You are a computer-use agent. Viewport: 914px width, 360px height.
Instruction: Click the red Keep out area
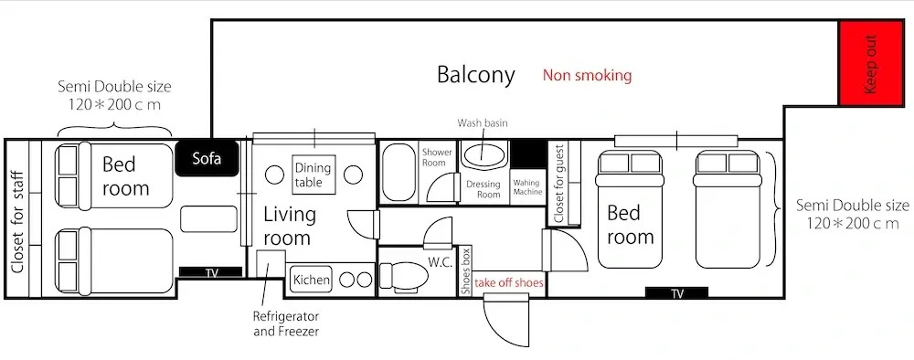pyautogui.click(x=871, y=63)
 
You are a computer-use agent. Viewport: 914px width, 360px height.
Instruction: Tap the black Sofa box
pyautogui.click(x=207, y=158)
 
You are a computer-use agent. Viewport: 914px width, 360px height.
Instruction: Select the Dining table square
pyautogui.click(x=314, y=175)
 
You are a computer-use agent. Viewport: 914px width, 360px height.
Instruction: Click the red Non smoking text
pyautogui.click(x=587, y=75)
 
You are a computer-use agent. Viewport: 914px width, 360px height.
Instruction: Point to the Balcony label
pyautogui.click(x=476, y=75)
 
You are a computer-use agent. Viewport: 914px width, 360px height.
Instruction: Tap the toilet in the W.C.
pyautogui.click(x=403, y=277)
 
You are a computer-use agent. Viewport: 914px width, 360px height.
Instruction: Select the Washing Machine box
pyautogui.click(x=527, y=187)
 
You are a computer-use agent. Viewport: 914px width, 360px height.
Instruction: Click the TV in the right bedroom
pyautogui.click(x=676, y=293)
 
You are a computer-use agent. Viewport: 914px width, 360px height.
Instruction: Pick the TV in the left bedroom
pyautogui.click(x=210, y=272)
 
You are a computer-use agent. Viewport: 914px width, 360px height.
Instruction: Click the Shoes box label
pyautogui.click(x=465, y=270)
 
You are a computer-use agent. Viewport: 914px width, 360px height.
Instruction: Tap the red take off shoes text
pyautogui.click(x=509, y=283)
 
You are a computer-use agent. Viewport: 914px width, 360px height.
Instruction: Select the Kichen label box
pyautogui.click(x=312, y=280)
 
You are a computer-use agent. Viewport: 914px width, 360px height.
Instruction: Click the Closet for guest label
pyautogui.click(x=558, y=184)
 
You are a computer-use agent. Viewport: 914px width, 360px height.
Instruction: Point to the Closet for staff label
pyautogui.click(x=17, y=223)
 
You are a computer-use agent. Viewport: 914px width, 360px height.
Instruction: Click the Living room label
pyautogui.click(x=289, y=226)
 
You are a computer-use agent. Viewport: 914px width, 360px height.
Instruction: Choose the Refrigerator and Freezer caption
pyautogui.click(x=286, y=323)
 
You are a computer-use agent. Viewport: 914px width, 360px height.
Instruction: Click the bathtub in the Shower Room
pyautogui.click(x=399, y=172)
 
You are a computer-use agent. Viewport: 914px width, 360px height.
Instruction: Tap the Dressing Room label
pyautogui.click(x=484, y=189)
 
